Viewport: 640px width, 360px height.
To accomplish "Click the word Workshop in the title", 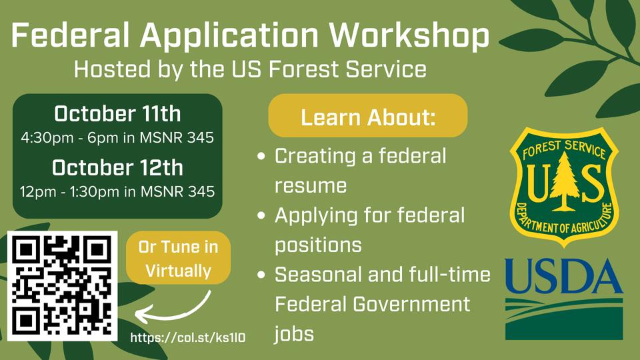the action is point(409,36).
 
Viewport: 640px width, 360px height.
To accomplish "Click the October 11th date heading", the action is point(117,113).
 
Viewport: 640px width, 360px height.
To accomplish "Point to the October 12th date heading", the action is point(117,167).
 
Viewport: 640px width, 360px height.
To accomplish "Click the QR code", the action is point(63,286).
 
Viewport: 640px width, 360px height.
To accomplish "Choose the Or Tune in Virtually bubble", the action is point(179,258).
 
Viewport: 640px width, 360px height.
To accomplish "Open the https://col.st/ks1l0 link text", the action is point(188,337).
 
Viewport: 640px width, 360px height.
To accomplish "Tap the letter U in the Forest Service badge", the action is point(539,184).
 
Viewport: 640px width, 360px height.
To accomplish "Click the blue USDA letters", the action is point(564,275).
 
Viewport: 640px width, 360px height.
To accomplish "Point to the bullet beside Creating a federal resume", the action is point(261,156).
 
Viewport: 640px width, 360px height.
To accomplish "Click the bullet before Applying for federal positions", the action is point(261,215).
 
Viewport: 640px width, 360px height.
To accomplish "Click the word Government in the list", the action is point(411,304).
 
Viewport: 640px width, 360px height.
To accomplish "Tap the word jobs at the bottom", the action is point(294,334).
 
